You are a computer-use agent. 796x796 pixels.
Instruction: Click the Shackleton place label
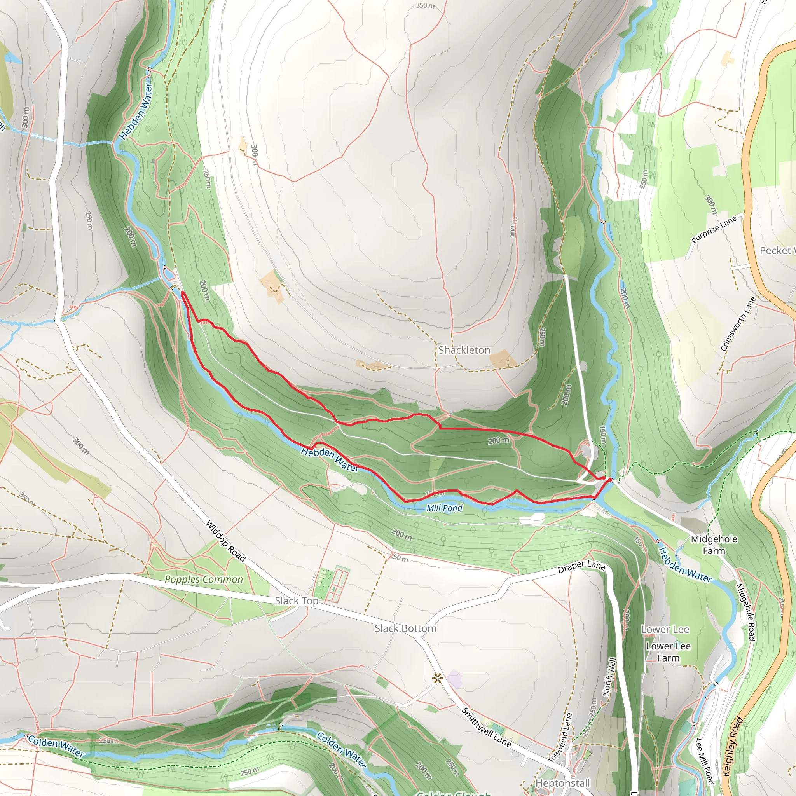tap(464, 350)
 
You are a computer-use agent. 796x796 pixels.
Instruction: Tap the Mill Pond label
tap(444, 508)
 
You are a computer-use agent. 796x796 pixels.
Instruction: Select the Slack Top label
tap(297, 601)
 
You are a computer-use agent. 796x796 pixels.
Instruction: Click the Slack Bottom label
tap(405, 628)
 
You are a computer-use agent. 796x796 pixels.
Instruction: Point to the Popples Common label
tap(204, 579)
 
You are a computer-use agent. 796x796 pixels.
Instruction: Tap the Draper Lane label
tap(581, 567)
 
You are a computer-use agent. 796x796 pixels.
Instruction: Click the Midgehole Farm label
tap(714, 545)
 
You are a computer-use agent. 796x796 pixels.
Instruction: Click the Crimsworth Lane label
tap(739, 324)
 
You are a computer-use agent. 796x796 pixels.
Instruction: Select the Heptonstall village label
tap(563, 783)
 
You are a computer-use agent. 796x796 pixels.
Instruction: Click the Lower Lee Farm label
tap(668, 652)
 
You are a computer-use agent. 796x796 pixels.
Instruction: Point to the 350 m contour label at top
tap(425, 6)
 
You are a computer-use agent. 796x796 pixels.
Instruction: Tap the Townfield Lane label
tap(560, 737)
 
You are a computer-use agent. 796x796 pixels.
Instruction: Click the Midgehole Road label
tap(745, 612)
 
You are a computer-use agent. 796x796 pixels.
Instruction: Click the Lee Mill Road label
tap(705, 761)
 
